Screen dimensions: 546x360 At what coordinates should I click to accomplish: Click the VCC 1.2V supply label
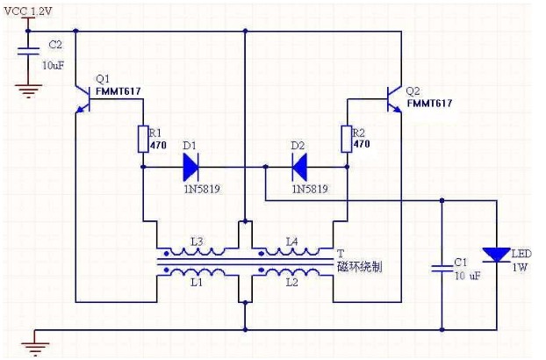28,11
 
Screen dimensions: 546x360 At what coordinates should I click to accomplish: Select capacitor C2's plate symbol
28,51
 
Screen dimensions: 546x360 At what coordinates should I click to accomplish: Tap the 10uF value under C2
54,65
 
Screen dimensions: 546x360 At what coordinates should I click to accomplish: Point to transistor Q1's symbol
83,99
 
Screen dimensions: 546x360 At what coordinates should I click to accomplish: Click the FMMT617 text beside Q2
430,104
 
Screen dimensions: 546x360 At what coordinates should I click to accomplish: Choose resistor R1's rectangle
143,140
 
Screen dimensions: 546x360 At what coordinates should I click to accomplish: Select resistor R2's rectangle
347,140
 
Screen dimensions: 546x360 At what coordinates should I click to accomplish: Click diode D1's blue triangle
190,167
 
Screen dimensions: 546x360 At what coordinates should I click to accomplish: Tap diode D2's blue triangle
299,167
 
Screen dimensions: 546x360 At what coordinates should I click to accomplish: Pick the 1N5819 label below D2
310,189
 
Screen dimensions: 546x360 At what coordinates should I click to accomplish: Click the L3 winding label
197,241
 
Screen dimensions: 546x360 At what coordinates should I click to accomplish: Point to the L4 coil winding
292,251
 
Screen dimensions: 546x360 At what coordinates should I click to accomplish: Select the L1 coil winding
198,272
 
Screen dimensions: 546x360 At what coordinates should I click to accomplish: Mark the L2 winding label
291,283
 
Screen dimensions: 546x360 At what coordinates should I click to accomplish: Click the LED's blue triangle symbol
497,255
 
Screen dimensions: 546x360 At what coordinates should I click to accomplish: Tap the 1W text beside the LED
520,268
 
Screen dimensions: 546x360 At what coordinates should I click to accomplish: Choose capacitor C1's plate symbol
442,268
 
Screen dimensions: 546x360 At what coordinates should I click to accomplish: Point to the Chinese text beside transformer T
360,267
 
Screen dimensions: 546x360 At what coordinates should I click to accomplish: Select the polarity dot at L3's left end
167,253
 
